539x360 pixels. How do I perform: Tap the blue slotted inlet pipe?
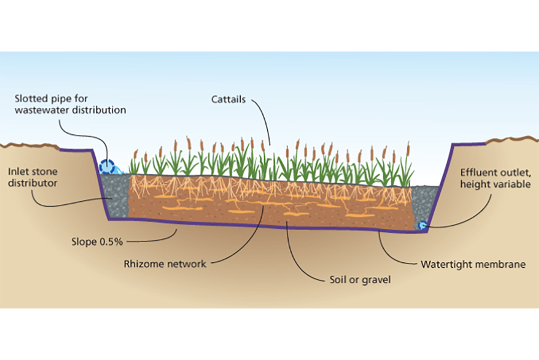tap(108, 167)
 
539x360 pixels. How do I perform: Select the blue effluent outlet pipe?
tap(422, 225)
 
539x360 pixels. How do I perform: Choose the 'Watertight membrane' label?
tap(473, 264)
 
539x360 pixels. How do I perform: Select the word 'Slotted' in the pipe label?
tap(33, 98)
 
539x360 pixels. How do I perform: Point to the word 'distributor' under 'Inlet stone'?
tap(31, 183)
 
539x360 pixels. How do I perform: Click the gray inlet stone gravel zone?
tap(117, 195)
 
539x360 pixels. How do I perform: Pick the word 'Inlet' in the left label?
tap(18, 171)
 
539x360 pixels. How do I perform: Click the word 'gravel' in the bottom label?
tap(376, 279)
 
